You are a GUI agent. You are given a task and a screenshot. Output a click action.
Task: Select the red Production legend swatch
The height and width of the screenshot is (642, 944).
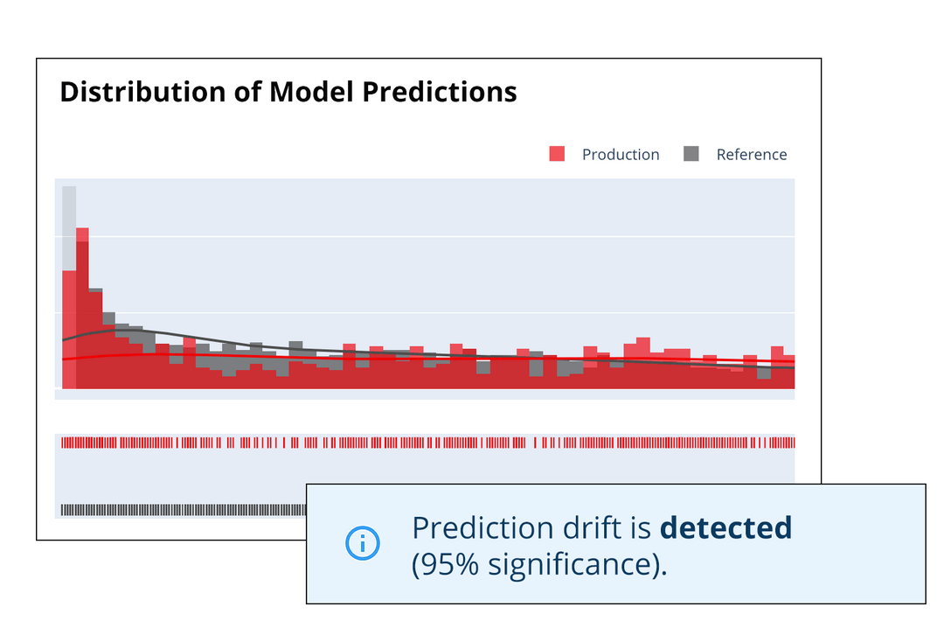(558, 154)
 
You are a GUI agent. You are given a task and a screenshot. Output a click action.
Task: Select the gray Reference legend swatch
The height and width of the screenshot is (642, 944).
(691, 154)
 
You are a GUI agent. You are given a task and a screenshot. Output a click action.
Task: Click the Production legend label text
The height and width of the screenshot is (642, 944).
(621, 155)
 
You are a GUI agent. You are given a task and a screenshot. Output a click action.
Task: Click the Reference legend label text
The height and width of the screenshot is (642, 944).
(752, 155)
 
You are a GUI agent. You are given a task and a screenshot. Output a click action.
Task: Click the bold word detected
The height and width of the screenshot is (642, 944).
(725, 528)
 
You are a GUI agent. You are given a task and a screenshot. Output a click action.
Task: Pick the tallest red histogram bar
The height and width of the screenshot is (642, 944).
(83, 306)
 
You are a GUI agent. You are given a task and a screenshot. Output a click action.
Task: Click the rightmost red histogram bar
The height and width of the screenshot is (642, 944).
(789, 372)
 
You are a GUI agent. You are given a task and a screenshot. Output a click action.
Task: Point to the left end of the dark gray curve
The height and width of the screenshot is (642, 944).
(64, 339)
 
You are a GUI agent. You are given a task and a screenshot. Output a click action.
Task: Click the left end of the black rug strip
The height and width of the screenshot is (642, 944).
(64, 509)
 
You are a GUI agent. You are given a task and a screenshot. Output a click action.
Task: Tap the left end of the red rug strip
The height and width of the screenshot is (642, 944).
(64, 443)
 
